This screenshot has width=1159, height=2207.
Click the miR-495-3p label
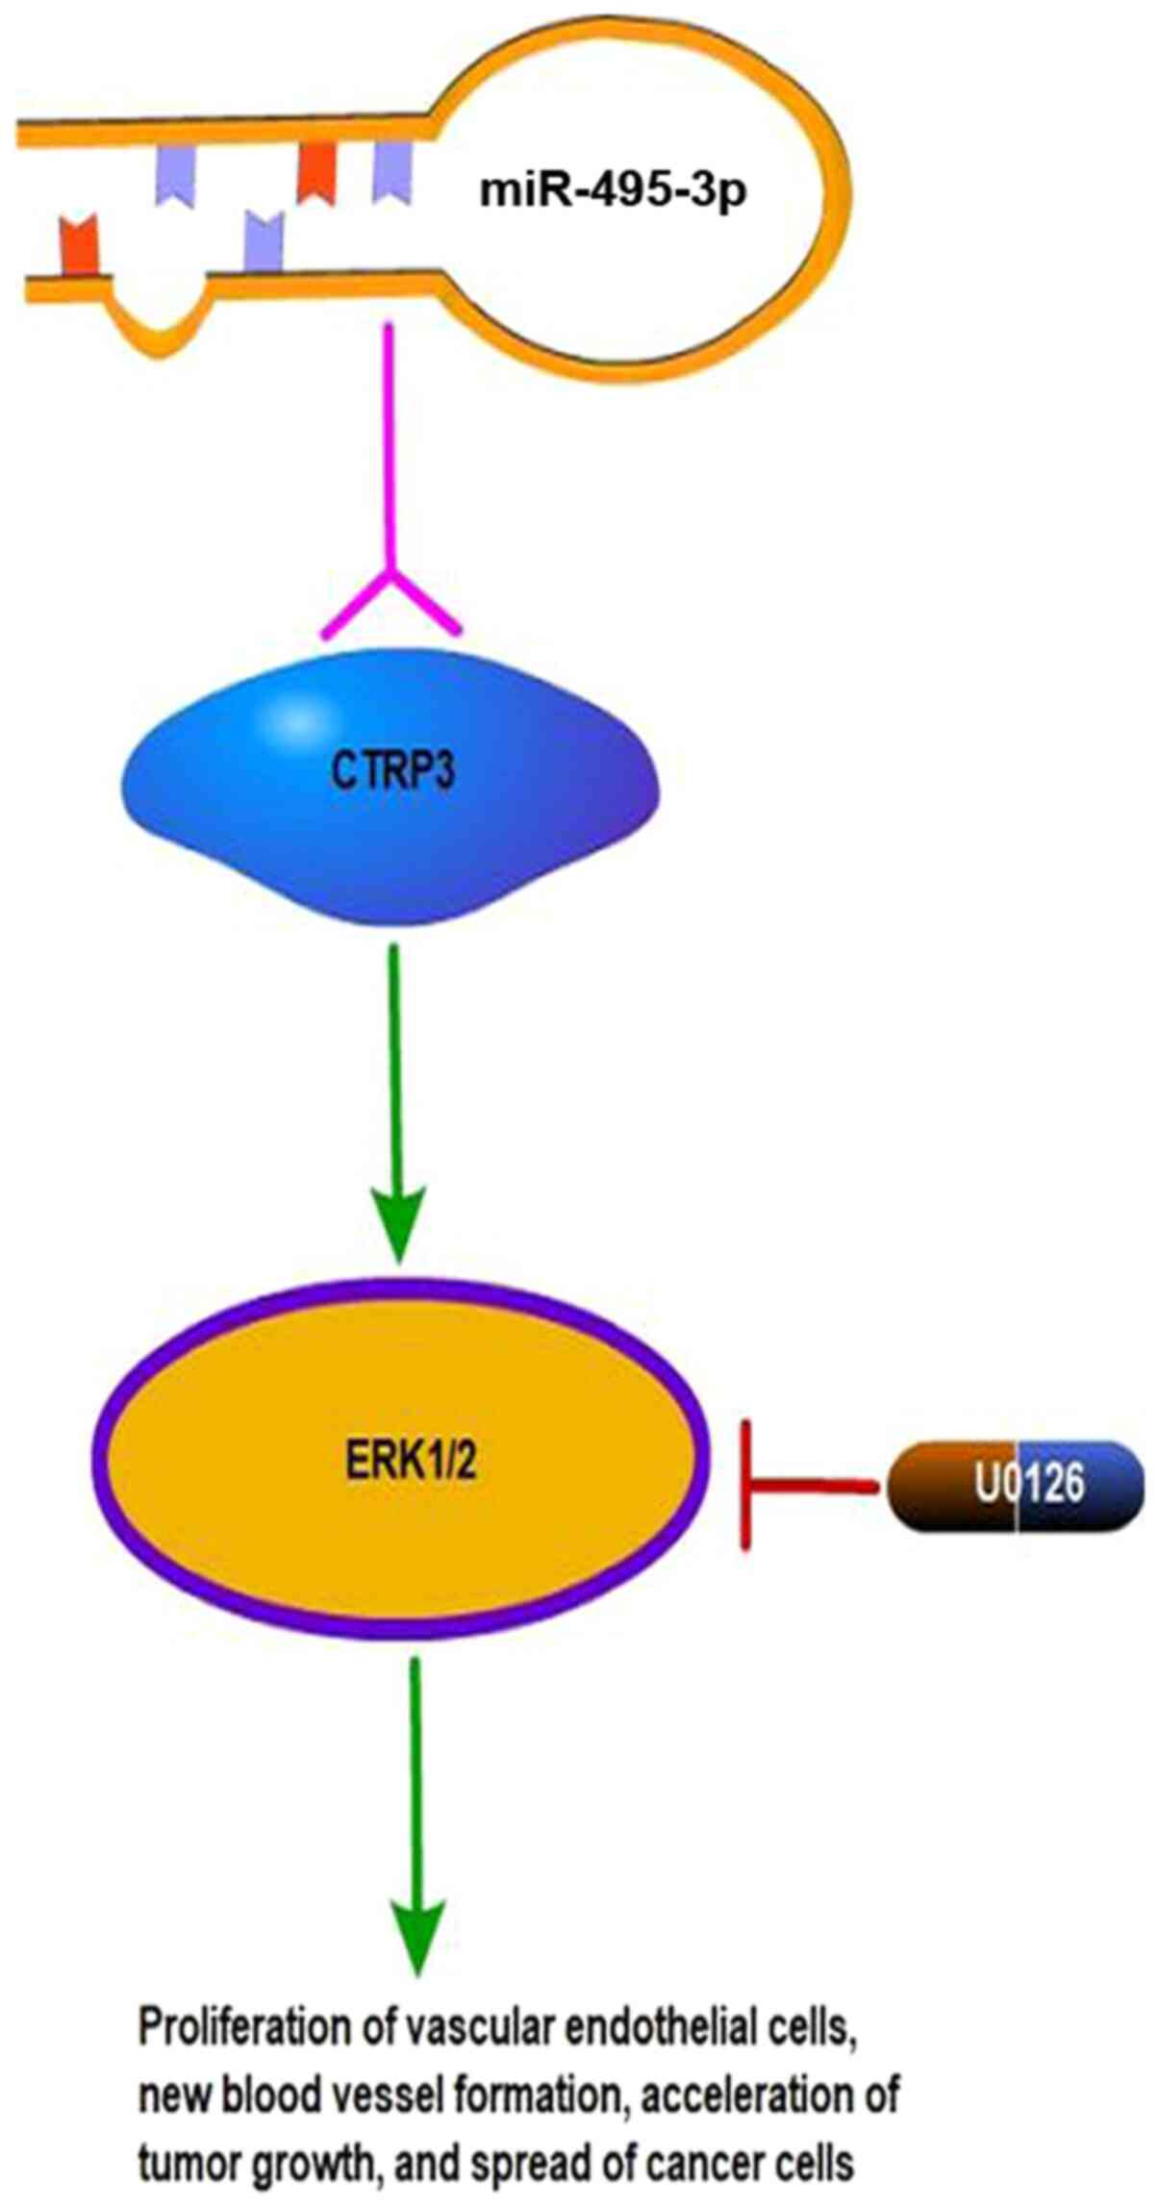[614, 189]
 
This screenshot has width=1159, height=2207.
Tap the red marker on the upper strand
[315, 173]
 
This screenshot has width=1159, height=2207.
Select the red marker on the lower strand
[79, 245]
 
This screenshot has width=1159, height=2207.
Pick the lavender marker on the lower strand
[264, 240]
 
